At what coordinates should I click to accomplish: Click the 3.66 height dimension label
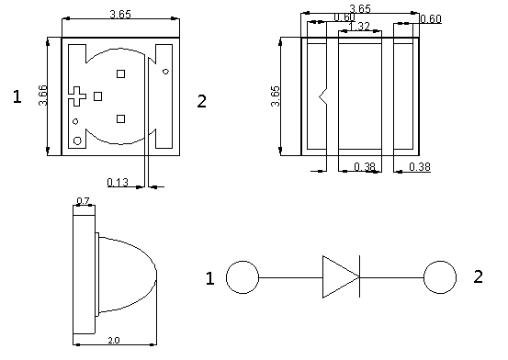point(43,96)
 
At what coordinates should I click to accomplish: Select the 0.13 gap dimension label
point(118,183)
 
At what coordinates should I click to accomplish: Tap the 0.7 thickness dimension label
point(83,201)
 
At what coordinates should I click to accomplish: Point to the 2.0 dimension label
point(114,340)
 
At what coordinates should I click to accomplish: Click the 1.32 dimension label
point(359,27)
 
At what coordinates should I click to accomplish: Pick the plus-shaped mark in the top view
point(77,96)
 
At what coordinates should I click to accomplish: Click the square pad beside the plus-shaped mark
point(98,96)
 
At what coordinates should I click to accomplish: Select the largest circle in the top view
point(77,141)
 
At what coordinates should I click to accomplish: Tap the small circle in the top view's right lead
point(165,72)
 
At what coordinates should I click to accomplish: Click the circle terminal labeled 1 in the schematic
point(243,277)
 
